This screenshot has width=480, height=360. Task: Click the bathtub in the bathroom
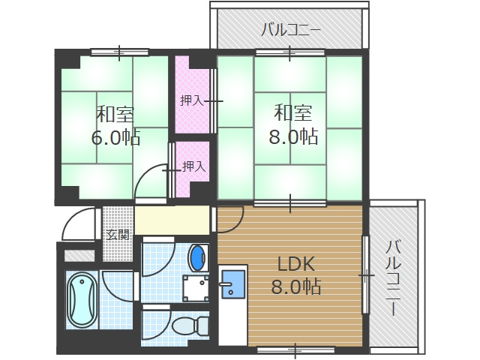coord(81,301)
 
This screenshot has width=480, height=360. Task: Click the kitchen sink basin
coord(233,283)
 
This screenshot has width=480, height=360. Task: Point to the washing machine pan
coord(196,287)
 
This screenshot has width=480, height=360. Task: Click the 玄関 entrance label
coord(117,235)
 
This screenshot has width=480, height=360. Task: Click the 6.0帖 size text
coord(115,137)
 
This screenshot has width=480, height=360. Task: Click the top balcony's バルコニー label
coord(291,31)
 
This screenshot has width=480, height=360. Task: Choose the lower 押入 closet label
coord(194,166)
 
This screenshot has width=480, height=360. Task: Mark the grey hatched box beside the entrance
coord(79,255)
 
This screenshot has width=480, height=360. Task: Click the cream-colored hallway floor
coord(172,220)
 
